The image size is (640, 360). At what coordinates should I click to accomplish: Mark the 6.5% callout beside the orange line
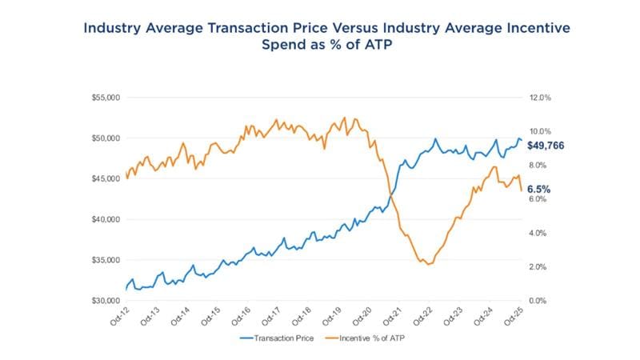[x=538, y=190]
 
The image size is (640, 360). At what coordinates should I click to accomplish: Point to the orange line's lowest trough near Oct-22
[x=429, y=264]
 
